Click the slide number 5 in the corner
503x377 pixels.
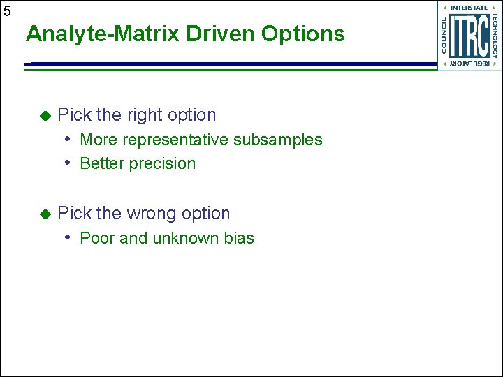(7, 11)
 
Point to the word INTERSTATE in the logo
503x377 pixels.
(469, 8)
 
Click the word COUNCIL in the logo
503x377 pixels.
(444, 36)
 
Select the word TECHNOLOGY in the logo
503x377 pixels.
(495, 36)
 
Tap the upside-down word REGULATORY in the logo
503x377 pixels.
(469, 64)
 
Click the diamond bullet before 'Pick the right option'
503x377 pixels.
(45, 114)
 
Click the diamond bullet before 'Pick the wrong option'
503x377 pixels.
(45, 214)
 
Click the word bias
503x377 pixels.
(239, 238)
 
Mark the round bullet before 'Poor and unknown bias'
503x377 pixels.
(69, 237)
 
